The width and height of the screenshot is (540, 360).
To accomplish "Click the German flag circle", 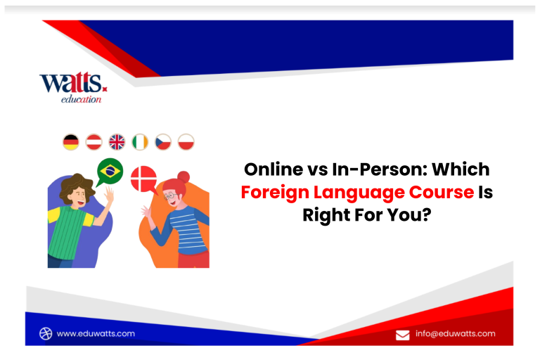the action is (x=71, y=142).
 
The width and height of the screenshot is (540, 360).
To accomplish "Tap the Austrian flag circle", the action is (x=94, y=142).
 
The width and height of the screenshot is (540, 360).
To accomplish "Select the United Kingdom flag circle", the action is (x=117, y=142).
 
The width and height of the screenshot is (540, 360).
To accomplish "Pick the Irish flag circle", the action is (x=140, y=142).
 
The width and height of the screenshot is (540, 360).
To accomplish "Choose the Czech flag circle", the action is (x=163, y=142).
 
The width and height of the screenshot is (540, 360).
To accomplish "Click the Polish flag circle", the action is (x=186, y=142).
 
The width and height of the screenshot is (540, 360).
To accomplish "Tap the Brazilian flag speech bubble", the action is (x=110, y=172).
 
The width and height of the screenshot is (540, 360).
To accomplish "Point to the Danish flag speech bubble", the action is (x=144, y=179).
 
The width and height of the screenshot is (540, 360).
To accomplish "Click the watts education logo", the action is (x=73, y=87).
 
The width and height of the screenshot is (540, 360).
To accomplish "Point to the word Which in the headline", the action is (x=461, y=169).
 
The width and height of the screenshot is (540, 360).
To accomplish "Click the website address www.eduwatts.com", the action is (x=96, y=333).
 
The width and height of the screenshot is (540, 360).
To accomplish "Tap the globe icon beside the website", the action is (x=46, y=333).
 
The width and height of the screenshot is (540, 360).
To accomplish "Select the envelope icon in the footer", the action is (x=403, y=335).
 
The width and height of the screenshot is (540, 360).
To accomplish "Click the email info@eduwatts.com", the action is (x=456, y=333).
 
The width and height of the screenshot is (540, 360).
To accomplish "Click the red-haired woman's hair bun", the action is (x=184, y=176).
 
